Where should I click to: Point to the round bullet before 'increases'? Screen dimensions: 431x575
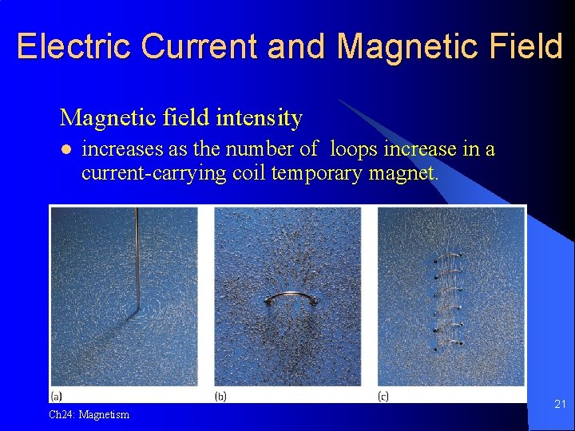[x=67, y=150]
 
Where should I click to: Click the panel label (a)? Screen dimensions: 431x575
[x=57, y=396]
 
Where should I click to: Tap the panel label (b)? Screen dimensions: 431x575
[x=221, y=396]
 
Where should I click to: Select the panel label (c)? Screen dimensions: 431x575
[x=383, y=396]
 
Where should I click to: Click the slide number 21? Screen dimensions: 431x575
[x=560, y=405]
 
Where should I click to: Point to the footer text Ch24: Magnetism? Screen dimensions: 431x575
[x=89, y=414]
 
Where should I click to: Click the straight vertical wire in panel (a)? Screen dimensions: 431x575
[x=137, y=255]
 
